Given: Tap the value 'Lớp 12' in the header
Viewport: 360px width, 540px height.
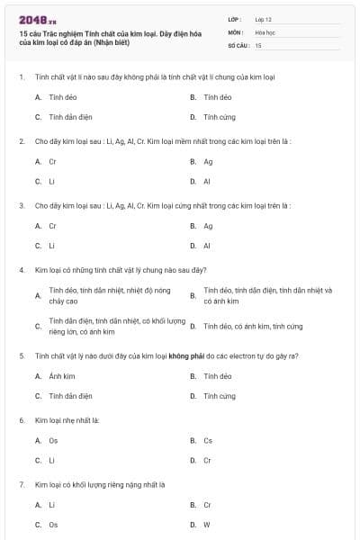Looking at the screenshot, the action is coord(263,18).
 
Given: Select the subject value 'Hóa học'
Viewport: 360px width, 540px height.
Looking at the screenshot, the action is coord(265,31).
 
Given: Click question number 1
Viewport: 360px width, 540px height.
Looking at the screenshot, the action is coord(21,77).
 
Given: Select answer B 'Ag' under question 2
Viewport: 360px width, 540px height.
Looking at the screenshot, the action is coord(208,162).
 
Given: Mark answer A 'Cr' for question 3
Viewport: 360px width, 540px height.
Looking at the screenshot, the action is coord(52,226).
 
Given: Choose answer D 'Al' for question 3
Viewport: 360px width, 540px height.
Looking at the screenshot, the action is coord(207,246).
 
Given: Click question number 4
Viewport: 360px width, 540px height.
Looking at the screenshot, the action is coord(21,269).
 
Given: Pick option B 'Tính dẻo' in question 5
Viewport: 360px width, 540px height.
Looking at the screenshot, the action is coord(218,376).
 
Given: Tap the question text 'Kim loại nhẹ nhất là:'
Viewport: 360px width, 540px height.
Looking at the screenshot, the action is coord(67,420).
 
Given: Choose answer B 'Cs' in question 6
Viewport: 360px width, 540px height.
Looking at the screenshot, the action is coord(208,440).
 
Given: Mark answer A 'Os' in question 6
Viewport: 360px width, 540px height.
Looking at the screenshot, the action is coord(53,440).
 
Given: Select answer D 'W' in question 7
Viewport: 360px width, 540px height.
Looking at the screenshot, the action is coord(207,525).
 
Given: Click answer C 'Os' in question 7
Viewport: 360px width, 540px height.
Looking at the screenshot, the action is coord(53,525).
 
